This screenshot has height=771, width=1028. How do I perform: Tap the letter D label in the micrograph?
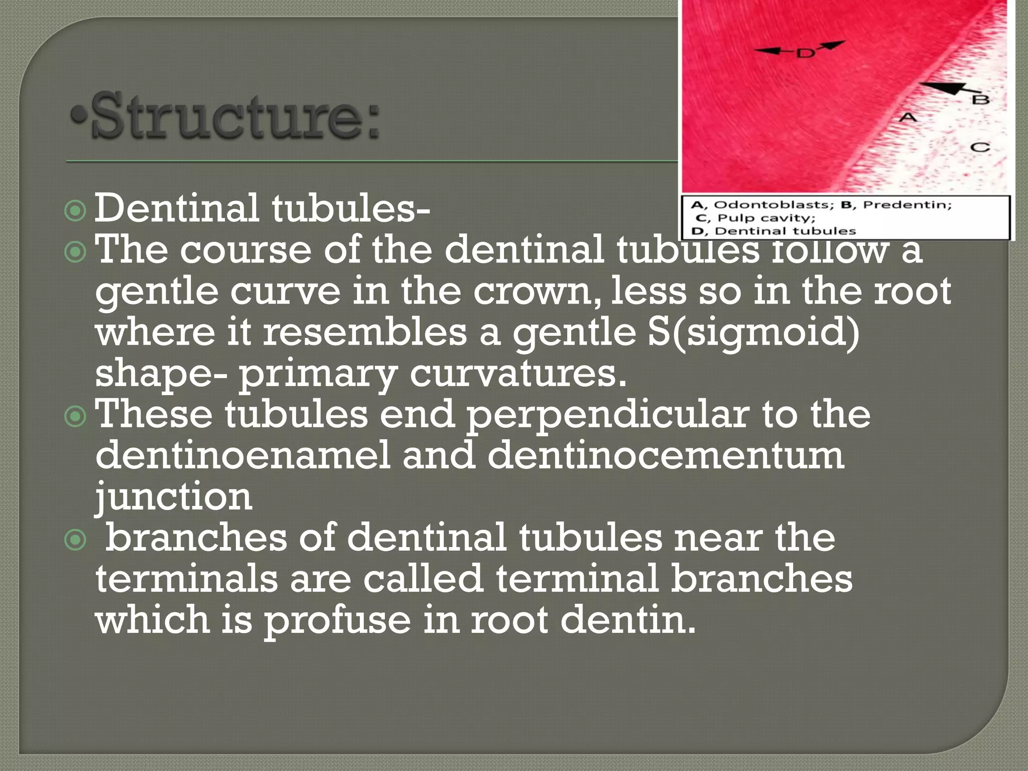[805, 52]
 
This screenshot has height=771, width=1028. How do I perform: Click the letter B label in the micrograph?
[980, 99]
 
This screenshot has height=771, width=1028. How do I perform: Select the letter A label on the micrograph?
[907, 117]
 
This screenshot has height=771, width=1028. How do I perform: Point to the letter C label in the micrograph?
[979, 147]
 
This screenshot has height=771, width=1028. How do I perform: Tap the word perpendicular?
[608, 415]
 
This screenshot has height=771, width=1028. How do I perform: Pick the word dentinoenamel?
[242, 455]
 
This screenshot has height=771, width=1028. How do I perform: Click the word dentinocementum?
[666, 455]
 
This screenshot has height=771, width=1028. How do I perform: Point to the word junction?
[174, 497]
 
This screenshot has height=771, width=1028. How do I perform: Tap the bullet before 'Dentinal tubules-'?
[75, 211]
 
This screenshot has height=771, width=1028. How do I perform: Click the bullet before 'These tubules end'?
[75, 416]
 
